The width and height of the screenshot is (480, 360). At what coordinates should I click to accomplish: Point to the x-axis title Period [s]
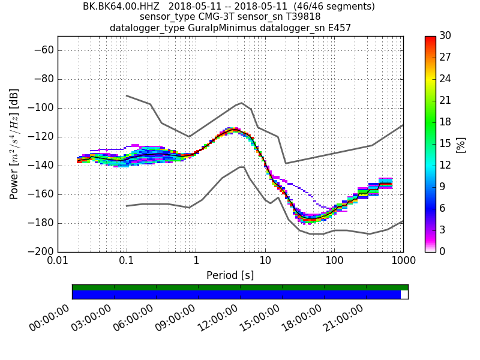click(230, 275)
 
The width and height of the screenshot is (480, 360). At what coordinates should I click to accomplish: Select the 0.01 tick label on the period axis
click(58, 262)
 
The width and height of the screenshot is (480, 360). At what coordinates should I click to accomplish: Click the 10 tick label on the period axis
click(265, 262)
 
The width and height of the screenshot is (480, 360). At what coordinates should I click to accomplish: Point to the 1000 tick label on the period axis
click(403, 262)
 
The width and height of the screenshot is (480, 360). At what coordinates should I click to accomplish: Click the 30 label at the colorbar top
click(445, 36)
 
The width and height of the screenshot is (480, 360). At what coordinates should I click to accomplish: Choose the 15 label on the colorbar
click(445, 144)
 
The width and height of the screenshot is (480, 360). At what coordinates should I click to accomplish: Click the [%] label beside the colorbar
click(461, 144)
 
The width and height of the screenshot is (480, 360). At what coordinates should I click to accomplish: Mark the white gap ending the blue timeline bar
click(404, 295)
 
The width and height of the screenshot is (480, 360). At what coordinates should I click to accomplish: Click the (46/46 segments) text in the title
click(328, 7)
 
